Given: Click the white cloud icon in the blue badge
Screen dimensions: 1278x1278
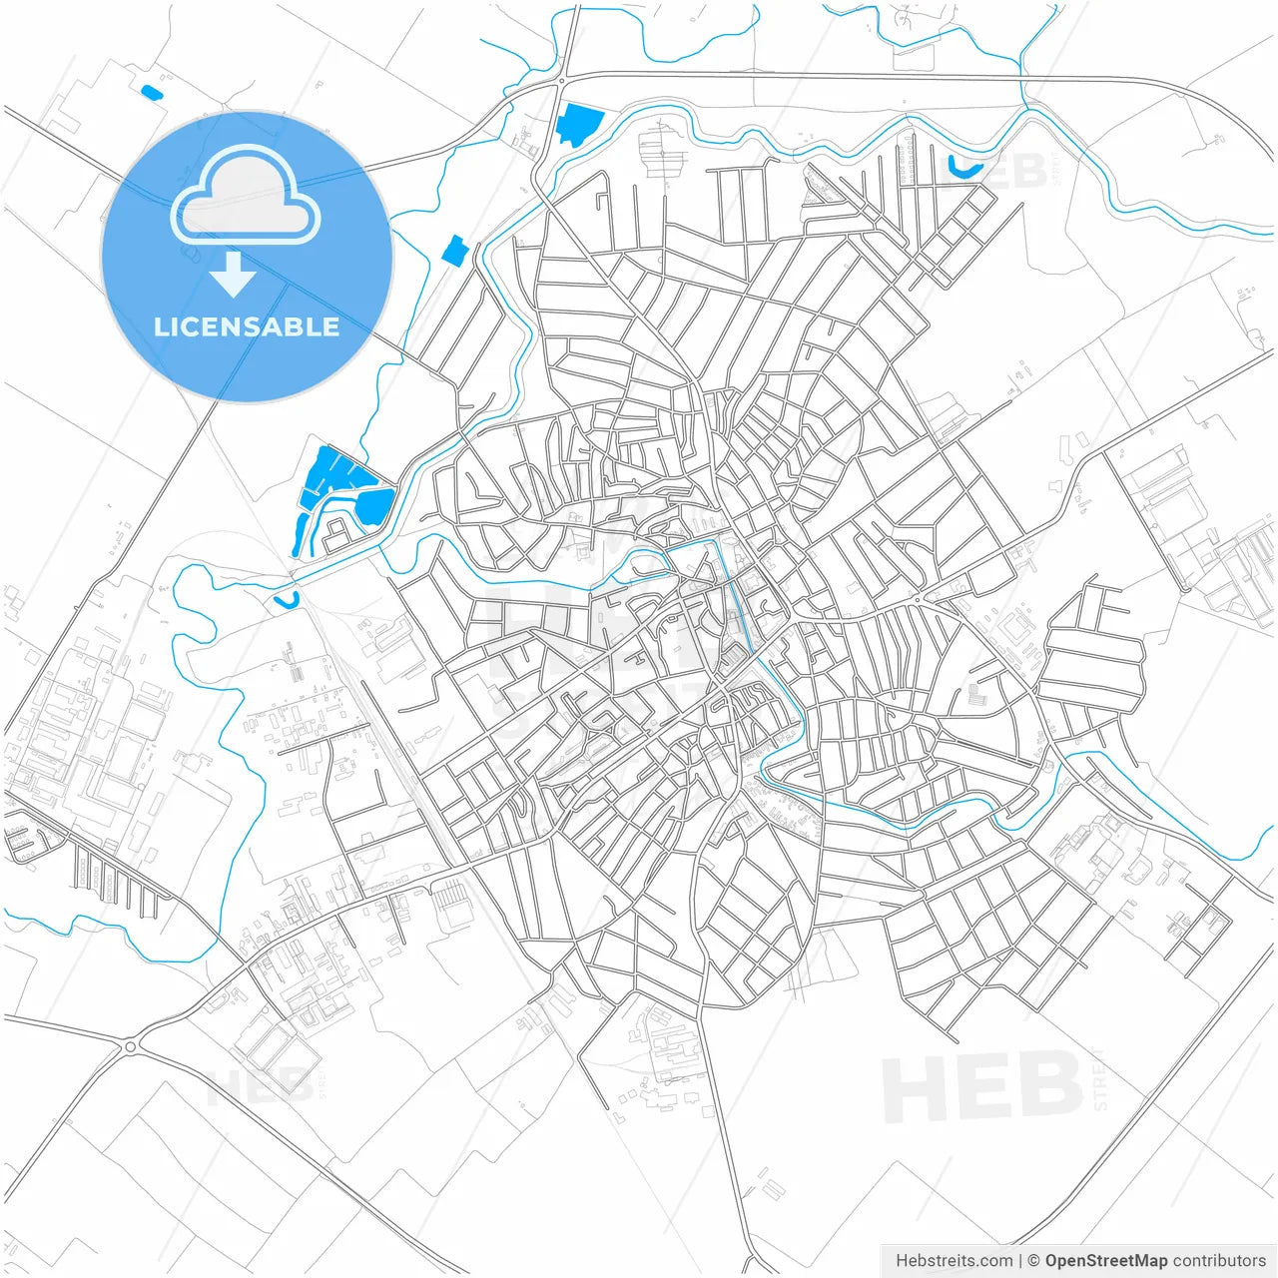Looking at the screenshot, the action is coord(246,196).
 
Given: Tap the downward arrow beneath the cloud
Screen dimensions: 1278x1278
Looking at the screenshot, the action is coord(233,274).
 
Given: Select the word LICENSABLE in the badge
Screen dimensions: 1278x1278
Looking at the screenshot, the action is coord(247,326).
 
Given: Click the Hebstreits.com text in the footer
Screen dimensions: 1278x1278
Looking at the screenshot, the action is coord(954,1261).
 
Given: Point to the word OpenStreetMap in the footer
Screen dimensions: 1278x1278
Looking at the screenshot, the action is coord(1105,1261).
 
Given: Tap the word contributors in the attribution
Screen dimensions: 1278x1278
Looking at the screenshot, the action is coord(1219,1261).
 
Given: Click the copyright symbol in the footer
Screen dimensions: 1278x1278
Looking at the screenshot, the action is coord(1033,1261).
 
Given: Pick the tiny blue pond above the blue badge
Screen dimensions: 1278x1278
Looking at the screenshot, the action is coord(151,93).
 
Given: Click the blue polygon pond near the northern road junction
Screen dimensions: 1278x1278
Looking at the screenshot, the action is coord(578,124).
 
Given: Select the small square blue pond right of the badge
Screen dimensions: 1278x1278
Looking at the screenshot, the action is coord(454,251).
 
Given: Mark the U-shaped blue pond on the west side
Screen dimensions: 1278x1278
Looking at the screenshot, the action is coord(287,601).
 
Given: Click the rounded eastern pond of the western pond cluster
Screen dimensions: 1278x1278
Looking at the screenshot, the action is coord(375,505).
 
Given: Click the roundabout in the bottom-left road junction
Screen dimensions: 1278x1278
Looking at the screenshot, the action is coord(131,1046).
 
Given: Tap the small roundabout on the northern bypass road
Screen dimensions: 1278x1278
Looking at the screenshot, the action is coord(562,81).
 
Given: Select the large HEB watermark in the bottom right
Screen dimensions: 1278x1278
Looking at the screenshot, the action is coord(982,1086).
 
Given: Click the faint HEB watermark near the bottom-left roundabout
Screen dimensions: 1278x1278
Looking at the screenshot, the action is coord(262,1085).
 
